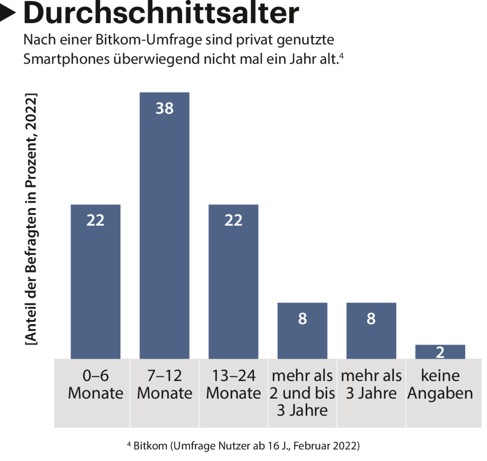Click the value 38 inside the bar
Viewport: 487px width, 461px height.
tap(165, 109)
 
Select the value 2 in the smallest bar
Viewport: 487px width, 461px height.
tap(440, 352)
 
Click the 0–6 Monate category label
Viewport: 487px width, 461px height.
tap(96, 385)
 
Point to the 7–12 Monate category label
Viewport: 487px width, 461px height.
tap(165, 385)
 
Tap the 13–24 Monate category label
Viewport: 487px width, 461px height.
tap(234, 385)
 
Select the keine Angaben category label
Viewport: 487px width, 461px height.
tap(440, 385)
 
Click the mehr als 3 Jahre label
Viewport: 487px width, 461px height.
tap(371, 385)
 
